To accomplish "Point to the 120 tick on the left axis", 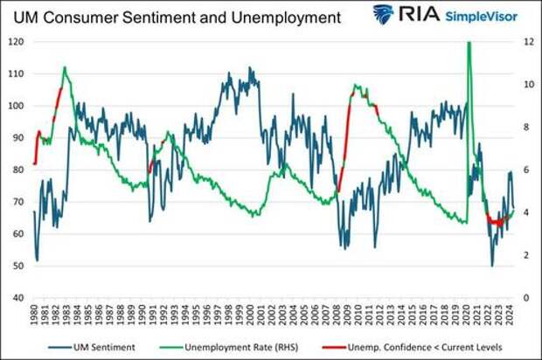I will coord(17,42).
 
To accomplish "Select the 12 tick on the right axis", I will coord(528,42).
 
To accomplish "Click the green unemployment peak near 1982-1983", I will coord(65,67).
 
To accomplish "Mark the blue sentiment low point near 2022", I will coord(492,265).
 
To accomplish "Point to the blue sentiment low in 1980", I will coord(37,259).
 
